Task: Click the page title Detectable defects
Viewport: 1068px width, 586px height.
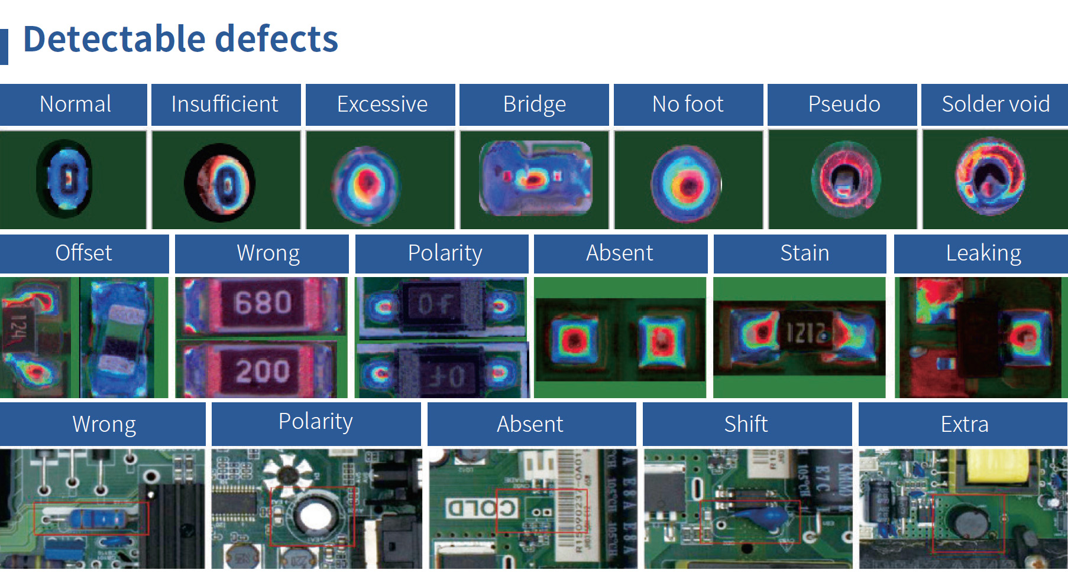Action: (180, 40)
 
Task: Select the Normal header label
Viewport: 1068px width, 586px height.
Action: (75, 104)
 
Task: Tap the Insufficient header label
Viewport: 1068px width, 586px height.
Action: (225, 104)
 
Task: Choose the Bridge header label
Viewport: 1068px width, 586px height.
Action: (534, 104)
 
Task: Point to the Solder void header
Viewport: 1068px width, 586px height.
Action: (995, 104)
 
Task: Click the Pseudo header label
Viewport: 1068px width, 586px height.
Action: (844, 104)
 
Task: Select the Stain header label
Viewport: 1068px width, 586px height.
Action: (804, 253)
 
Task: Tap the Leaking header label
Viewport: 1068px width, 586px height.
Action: (983, 253)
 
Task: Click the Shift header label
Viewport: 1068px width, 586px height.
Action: (746, 424)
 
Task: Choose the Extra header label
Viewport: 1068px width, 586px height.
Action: (964, 424)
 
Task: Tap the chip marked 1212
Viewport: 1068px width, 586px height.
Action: (805, 333)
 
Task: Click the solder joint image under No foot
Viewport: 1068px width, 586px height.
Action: (686, 184)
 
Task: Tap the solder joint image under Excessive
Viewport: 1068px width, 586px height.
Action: (367, 184)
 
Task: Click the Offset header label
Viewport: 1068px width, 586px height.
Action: (83, 253)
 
